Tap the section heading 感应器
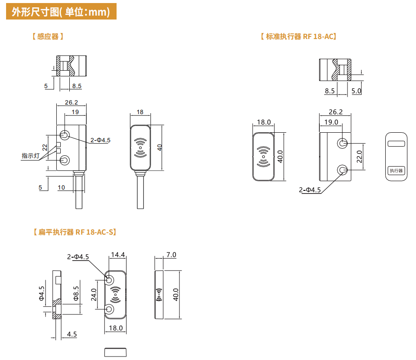(x=48, y=37)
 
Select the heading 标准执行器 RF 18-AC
(x=298, y=37)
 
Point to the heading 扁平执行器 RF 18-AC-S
(x=75, y=232)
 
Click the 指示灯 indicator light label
(x=30, y=155)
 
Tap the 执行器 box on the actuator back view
(x=396, y=170)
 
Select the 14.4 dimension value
(x=118, y=255)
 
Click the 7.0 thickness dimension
(x=171, y=255)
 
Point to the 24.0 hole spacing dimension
(x=94, y=295)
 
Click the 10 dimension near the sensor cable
(x=61, y=187)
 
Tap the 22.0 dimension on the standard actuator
(x=359, y=156)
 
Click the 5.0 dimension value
(x=356, y=91)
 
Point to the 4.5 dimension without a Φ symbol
(x=72, y=334)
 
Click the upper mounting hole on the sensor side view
(x=65, y=135)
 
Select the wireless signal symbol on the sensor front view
(x=140, y=147)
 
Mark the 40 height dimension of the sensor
(x=159, y=147)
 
